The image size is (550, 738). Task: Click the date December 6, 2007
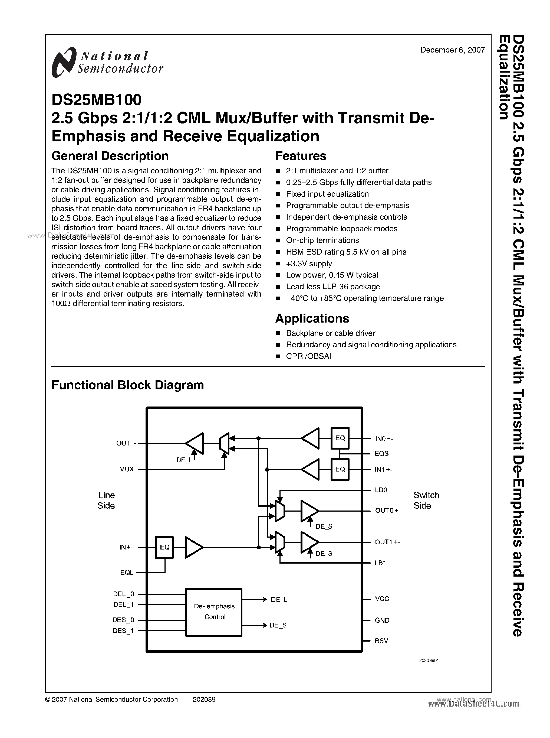tap(452, 50)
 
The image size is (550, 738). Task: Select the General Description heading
tap(110, 156)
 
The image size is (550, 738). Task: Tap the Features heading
tap(300, 156)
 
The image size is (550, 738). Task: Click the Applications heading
tap(312, 318)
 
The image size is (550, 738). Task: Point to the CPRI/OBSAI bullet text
tap(308, 356)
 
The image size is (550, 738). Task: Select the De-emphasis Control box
tap(213, 612)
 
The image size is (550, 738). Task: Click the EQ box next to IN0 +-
tap(340, 438)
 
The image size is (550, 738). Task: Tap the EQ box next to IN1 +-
tap(340, 469)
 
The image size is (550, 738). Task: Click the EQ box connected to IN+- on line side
tap(164, 547)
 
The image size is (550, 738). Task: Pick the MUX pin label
tap(127, 469)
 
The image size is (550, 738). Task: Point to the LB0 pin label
tap(381, 490)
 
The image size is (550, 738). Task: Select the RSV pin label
tap(381, 641)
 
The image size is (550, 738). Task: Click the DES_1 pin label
tap(123, 631)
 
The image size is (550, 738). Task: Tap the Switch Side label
tap(426, 500)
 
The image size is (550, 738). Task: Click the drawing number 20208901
tap(429, 660)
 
